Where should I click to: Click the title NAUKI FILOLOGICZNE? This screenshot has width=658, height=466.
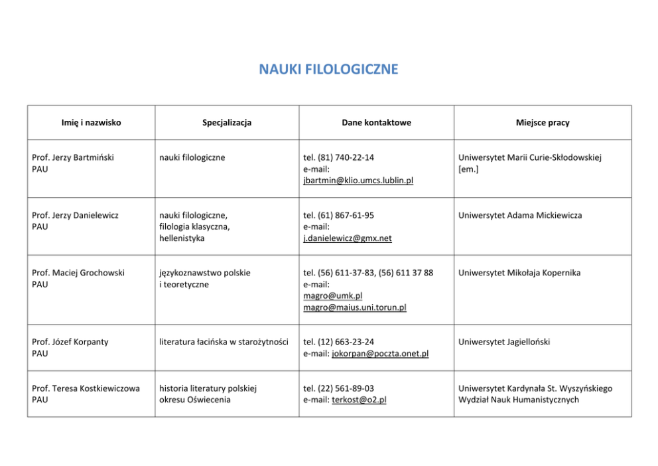tap(328, 69)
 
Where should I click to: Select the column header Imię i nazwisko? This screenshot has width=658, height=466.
tap(91, 123)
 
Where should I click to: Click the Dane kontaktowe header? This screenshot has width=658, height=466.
tap(376, 123)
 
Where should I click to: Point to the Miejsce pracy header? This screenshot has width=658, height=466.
tap(542, 123)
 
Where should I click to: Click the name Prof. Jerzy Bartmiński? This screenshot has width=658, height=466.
tap(73, 158)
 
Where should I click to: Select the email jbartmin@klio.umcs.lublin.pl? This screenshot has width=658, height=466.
tap(358, 181)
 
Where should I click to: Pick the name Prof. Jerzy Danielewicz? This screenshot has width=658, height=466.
tap(75, 215)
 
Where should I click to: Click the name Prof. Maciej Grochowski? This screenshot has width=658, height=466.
tap(78, 273)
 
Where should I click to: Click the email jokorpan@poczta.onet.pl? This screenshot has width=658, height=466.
tap(379, 354)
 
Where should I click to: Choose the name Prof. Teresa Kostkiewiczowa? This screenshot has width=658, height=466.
tap(86, 388)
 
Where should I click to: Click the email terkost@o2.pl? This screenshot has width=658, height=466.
tap(359, 400)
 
